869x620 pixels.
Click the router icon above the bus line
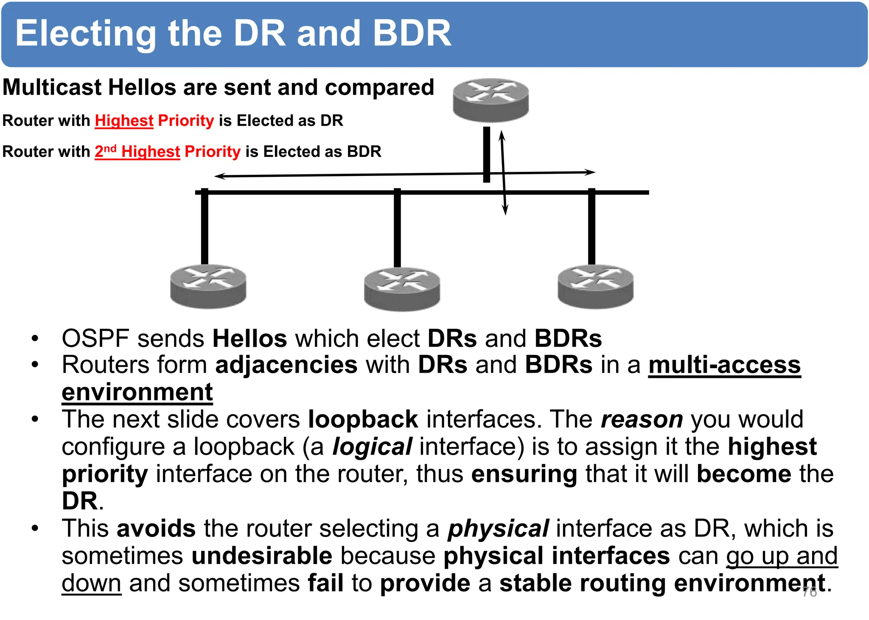(x=491, y=100)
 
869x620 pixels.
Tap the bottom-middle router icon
(x=402, y=289)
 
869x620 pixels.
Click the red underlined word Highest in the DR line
(x=124, y=121)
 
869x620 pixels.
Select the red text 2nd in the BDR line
(x=105, y=151)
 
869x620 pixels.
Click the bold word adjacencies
(x=286, y=365)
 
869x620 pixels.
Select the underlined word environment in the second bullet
(x=137, y=392)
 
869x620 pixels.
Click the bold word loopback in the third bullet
(x=363, y=419)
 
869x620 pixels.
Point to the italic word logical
(x=372, y=447)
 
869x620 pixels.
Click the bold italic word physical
(x=498, y=529)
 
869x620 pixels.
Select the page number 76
(x=809, y=592)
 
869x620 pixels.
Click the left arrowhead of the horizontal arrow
(x=217, y=176)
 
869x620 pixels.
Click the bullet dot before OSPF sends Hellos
(x=35, y=339)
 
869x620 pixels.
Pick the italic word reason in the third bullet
(x=642, y=419)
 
